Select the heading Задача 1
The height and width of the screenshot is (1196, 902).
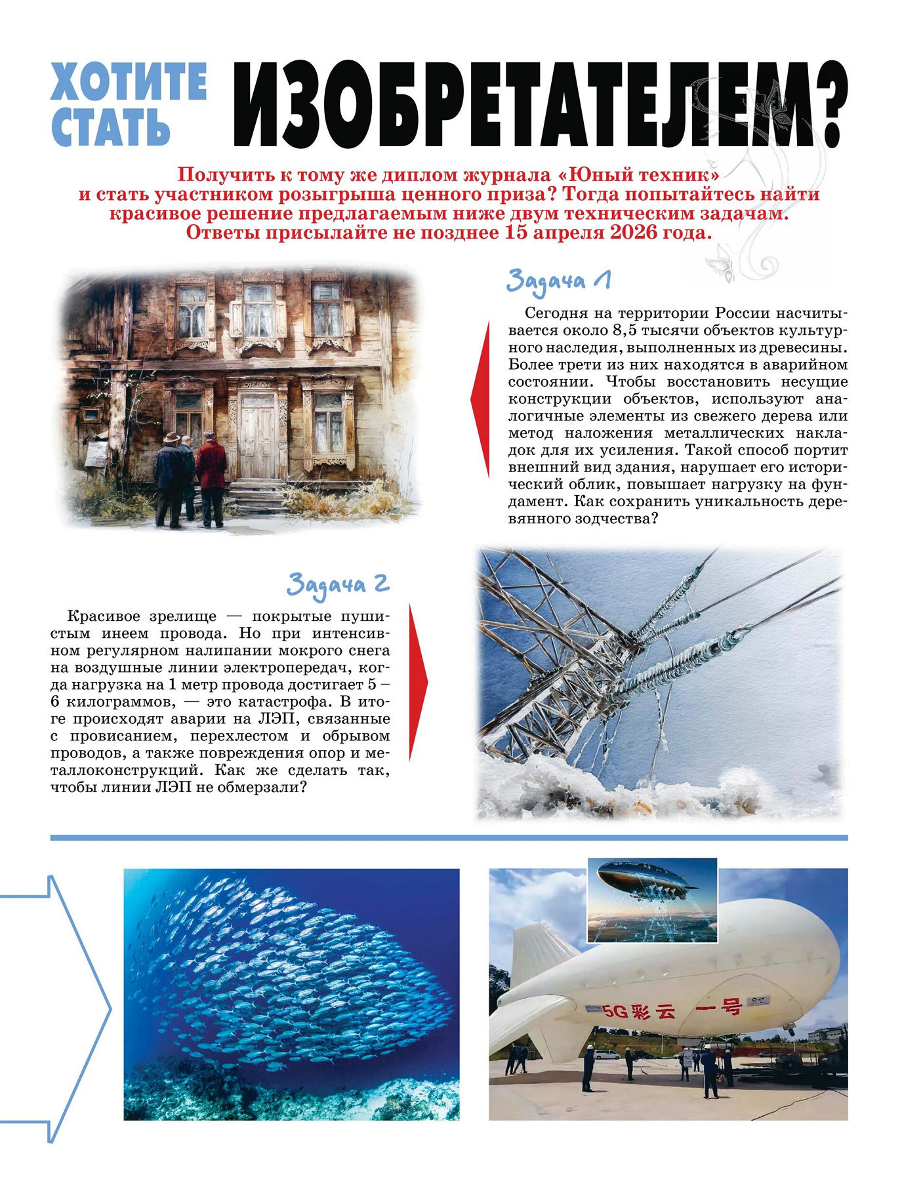558,281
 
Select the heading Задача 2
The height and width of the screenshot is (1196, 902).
338,584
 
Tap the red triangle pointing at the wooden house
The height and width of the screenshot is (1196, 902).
481,399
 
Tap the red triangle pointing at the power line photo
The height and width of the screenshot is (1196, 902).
418,683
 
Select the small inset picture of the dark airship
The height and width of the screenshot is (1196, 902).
651,901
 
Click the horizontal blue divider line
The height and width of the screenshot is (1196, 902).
449,838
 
